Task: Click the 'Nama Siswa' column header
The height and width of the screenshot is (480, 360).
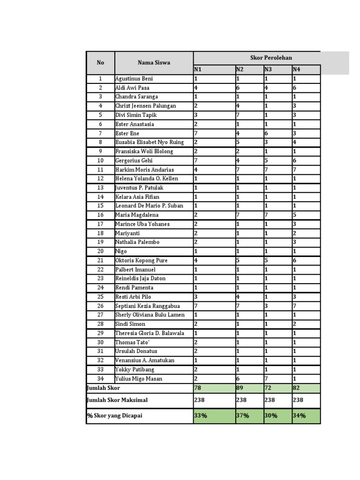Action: coord(154,63)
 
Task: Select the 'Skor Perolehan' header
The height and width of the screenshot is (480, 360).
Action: coord(270,58)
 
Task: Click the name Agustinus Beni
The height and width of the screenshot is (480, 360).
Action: coord(134,79)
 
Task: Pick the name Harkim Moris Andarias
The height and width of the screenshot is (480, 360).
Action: coord(144,170)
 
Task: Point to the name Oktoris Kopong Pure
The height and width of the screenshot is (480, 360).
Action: coord(141,261)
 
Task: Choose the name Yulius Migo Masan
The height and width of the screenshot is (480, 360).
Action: coord(139,379)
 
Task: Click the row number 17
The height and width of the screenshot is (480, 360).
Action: coord(100,224)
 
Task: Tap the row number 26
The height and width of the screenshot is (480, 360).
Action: coord(100,306)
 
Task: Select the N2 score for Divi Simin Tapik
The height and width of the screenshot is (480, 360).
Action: coord(238,115)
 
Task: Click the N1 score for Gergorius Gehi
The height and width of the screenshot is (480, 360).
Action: coord(196,161)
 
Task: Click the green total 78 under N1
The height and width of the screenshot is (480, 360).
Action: coord(198,388)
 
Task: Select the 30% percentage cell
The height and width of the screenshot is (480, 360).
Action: coord(271,416)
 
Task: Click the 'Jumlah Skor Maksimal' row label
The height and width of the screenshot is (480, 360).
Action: coord(117,400)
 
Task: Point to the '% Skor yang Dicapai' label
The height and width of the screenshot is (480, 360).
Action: coord(114,416)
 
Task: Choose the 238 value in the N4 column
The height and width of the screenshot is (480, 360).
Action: coord(298,400)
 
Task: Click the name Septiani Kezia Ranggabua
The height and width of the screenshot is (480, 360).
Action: coord(147,306)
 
